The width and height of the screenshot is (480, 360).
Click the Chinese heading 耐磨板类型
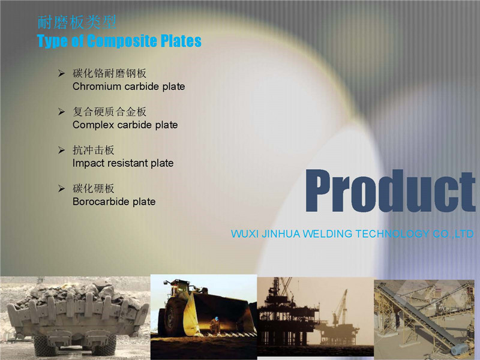(x=77, y=22)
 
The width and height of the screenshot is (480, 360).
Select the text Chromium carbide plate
(x=128, y=86)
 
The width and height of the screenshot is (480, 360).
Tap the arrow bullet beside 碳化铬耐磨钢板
(x=62, y=73)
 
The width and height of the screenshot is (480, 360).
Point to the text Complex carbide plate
(x=125, y=125)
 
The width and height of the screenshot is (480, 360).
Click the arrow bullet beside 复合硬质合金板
(x=62, y=112)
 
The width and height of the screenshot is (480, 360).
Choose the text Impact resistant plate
(x=123, y=163)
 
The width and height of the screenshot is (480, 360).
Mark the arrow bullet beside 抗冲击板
(x=62, y=150)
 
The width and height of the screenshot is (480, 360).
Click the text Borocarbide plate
(x=114, y=202)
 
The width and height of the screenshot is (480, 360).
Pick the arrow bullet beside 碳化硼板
(x=62, y=188)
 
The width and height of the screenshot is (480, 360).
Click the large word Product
(x=391, y=191)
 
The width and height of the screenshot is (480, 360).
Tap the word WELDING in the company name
(x=327, y=234)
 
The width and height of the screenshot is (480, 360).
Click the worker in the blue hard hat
(x=215, y=326)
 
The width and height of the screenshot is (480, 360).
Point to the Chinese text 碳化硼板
(x=94, y=188)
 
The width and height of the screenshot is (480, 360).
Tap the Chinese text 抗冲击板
(x=94, y=150)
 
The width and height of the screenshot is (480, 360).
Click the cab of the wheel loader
(x=179, y=289)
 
